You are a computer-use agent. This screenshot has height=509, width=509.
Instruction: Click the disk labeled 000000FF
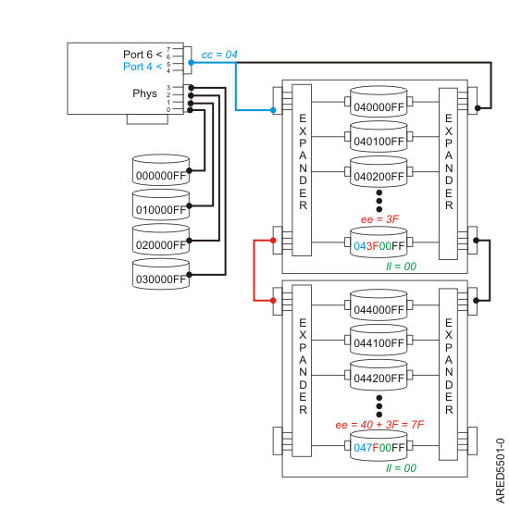click(161, 173)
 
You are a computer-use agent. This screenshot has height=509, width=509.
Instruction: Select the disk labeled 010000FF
click(161, 207)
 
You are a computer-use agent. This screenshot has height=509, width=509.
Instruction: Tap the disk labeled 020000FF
click(161, 241)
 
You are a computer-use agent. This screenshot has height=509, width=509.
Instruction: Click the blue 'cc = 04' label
click(219, 56)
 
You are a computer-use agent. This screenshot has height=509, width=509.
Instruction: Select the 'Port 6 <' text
click(141, 53)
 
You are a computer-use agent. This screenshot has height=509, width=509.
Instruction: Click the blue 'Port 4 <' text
click(141, 67)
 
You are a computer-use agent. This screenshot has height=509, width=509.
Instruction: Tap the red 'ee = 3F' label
click(380, 218)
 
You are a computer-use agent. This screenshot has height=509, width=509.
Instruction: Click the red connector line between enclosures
click(254, 269)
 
